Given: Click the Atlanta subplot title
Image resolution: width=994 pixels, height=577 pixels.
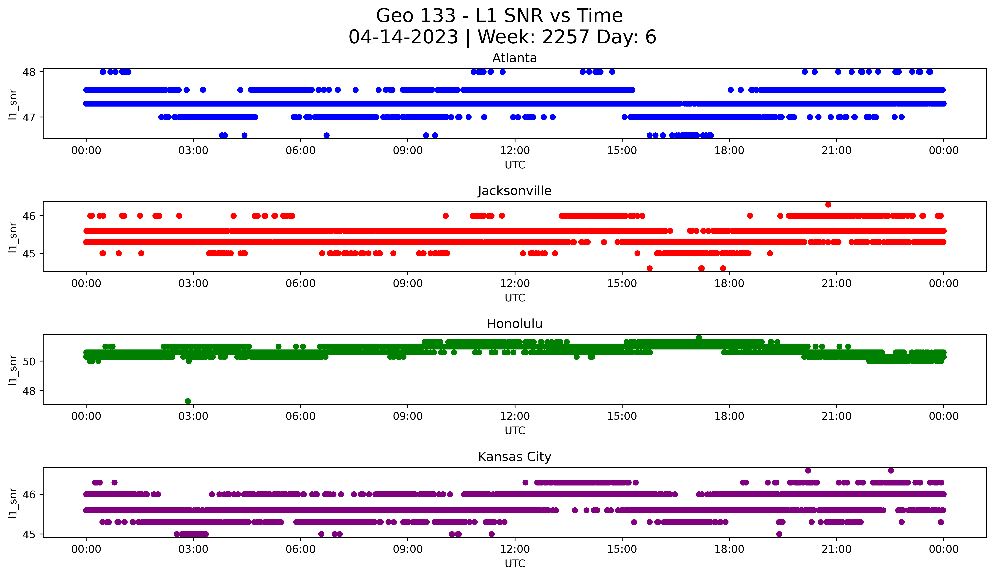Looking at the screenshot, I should click(x=514, y=58).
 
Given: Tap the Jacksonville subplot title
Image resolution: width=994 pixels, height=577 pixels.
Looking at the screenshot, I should click(x=514, y=191).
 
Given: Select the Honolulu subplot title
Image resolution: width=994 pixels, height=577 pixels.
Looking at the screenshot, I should click(x=514, y=324).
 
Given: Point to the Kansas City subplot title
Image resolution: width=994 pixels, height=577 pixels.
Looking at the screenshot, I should click(x=514, y=457).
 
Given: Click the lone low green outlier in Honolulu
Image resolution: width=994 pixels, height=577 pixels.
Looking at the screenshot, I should click(x=188, y=401).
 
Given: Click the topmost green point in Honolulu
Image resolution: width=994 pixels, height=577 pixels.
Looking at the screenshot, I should click(x=699, y=337).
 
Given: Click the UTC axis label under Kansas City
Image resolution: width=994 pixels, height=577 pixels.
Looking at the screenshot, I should click(x=515, y=564).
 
